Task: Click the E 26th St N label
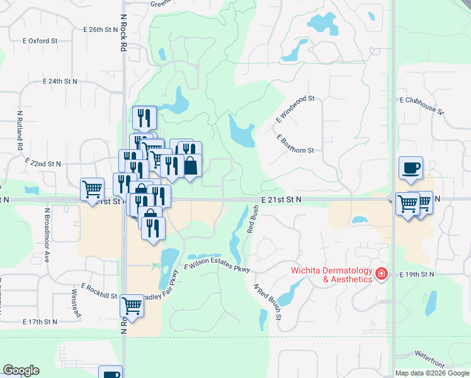click(101, 30)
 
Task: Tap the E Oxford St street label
click(40, 41)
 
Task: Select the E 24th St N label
click(60, 82)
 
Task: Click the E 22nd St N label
click(43, 163)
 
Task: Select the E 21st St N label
click(281, 199)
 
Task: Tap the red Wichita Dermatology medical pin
click(381, 274)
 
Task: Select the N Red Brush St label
click(267, 302)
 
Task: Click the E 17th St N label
click(40, 321)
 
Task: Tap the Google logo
click(21, 370)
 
